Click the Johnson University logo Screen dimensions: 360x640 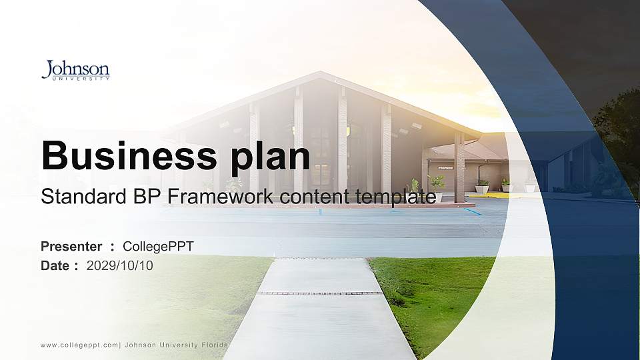(75, 70)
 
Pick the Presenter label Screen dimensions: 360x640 (71, 247)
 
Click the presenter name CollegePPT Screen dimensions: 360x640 (159, 247)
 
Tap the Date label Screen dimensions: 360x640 (55, 265)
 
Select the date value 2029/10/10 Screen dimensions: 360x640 (120, 265)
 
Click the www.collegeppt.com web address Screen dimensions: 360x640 (79, 345)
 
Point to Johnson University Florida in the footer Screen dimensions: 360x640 (176, 345)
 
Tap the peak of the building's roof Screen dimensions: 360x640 (322, 74)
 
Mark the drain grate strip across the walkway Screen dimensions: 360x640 (320, 293)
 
